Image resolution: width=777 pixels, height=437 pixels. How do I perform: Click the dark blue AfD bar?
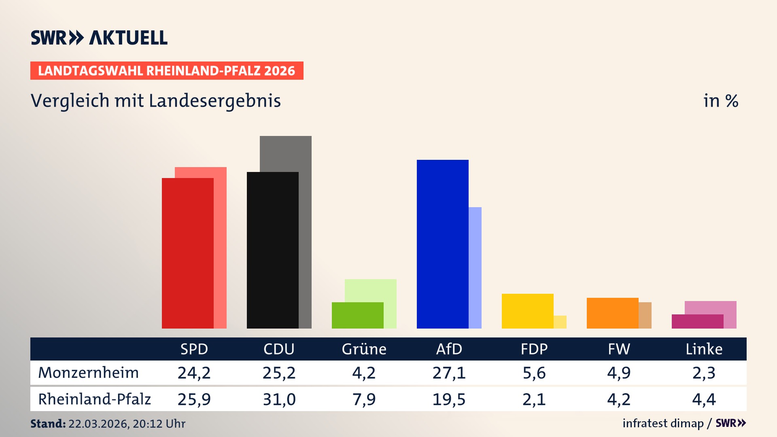click(x=442, y=244)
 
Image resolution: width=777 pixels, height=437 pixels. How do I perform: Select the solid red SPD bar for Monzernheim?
click(x=187, y=253)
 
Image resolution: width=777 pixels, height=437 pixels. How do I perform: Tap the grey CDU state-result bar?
click(x=305, y=231)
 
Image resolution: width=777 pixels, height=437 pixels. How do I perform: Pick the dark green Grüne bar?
click(x=357, y=315)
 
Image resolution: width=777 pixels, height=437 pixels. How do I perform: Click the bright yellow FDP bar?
click(x=527, y=311)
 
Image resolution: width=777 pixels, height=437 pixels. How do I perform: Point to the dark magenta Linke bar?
click(x=697, y=321)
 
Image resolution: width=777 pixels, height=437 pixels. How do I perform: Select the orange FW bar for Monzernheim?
click(x=612, y=313)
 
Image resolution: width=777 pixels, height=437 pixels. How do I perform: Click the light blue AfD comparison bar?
click(x=475, y=267)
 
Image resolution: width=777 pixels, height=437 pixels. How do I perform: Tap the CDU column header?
click(x=279, y=349)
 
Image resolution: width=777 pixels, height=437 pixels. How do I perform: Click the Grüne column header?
click(x=364, y=349)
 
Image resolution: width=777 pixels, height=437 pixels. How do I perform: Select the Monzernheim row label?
click(x=88, y=373)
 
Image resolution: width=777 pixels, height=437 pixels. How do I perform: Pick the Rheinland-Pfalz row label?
click(x=94, y=399)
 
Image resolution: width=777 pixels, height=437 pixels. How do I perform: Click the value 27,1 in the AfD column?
click(x=449, y=373)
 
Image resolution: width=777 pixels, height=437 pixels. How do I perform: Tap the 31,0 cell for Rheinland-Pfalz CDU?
click(x=279, y=399)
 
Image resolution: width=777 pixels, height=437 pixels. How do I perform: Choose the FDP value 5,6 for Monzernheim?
click(x=534, y=373)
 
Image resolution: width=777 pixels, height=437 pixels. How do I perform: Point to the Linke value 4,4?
click(x=704, y=399)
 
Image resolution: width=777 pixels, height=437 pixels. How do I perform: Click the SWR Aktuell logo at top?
click(x=99, y=38)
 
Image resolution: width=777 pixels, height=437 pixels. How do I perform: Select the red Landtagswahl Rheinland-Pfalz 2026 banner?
click(x=167, y=70)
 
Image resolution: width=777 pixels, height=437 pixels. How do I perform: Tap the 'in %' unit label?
click(x=720, y=101)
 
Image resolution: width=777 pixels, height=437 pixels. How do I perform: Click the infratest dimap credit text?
click(x=663, y=423)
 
